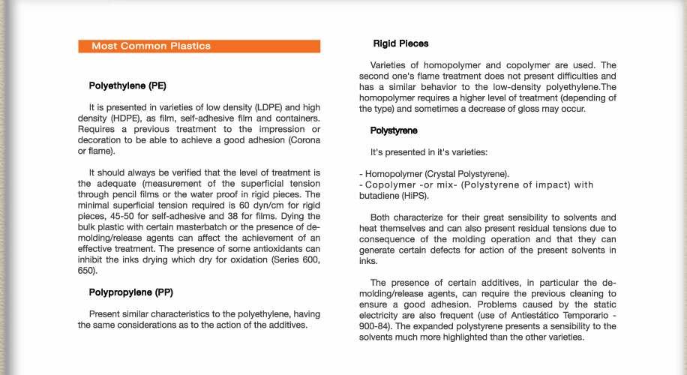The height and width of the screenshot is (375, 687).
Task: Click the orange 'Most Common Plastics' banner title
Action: [x=151, y=46]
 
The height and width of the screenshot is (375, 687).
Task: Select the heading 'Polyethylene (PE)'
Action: [x=127, y=85]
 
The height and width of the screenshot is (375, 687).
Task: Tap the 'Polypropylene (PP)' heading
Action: [x=130, y=292]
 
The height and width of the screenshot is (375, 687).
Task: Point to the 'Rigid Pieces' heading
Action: [x=401, y=43]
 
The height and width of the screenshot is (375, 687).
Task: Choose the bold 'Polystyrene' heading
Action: [x=394, y=130]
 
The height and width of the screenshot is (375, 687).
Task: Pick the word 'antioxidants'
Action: [x=262, y=249]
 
